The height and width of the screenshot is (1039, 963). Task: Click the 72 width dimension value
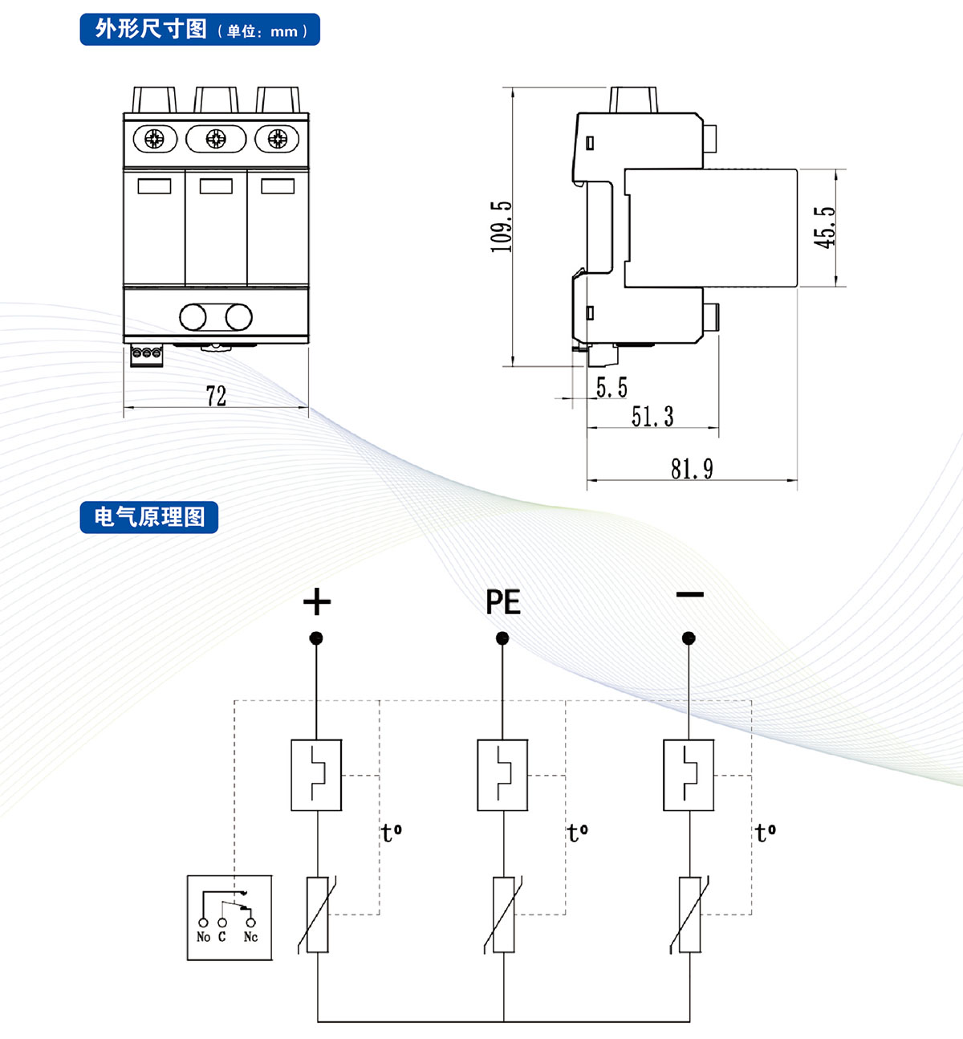(216, 396)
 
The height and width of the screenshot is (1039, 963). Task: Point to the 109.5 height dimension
(502, 227)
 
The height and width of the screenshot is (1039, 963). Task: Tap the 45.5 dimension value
(825, 227)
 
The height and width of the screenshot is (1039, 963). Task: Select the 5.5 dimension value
(612, 389)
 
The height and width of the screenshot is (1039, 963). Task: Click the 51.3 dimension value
(652, 417)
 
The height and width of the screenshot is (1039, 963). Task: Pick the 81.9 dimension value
(692, 468)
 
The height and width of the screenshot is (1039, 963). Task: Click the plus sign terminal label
(317, 601)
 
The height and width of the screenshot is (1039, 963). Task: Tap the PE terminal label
(503, 602)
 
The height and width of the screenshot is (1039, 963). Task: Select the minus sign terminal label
(689, 595)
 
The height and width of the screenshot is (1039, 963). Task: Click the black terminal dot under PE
(502, 638)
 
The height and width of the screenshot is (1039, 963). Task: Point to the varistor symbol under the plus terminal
(318, 915)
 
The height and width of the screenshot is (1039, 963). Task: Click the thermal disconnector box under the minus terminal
(689, 775)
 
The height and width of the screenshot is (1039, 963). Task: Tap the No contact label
(203, 937)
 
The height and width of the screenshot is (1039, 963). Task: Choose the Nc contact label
(250, 937)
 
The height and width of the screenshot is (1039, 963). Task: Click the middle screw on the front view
(216, 139)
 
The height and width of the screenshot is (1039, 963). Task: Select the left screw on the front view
(154, 139)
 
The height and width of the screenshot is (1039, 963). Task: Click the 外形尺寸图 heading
(151, 30)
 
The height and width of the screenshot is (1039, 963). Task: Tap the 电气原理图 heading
(149, 517)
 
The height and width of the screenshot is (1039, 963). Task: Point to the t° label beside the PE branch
(578, 833)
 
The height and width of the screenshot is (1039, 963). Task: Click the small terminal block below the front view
(147, 354)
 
